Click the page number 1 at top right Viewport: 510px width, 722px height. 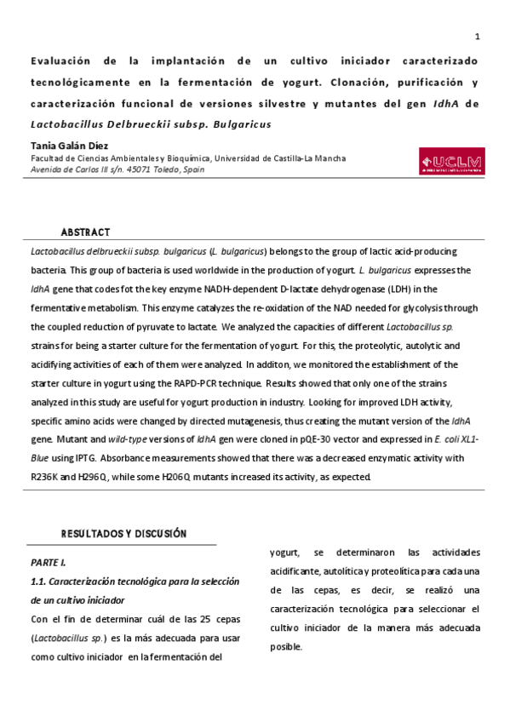(477, 37)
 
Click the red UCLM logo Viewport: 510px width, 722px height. (450, 162)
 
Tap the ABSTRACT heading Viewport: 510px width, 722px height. (85, 232)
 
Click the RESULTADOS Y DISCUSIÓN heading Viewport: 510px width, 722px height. (123, 534)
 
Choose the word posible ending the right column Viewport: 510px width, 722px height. (285, 646)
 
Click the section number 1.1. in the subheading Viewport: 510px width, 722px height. (38, 582)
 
